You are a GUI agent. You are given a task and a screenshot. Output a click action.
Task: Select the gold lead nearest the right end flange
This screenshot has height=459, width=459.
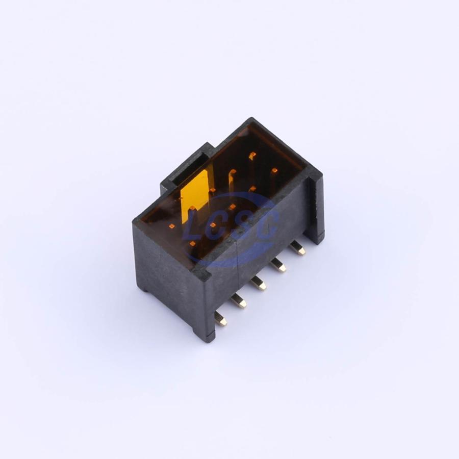(297, 247)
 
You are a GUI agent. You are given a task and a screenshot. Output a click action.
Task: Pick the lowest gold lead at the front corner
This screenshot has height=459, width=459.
(221, 319)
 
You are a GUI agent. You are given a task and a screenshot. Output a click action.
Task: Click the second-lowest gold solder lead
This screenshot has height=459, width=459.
(238, 301)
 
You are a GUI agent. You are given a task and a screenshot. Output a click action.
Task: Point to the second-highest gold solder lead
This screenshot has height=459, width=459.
(278, 265)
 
